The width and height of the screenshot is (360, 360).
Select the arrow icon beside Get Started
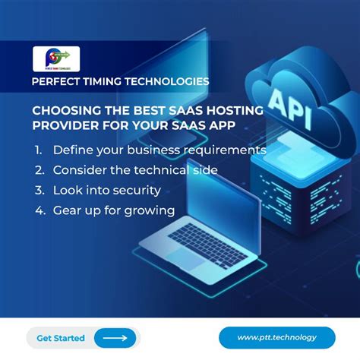tap(115, 337)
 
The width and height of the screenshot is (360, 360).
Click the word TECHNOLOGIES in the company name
tap(168, 80)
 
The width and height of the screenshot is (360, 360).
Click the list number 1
tap(38, 150)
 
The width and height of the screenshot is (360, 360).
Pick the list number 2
tap(38, 170)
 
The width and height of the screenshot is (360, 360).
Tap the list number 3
tap(38, 190)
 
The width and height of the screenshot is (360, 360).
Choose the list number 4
tap(38, 210)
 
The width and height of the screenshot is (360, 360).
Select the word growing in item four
tap(149, 210)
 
